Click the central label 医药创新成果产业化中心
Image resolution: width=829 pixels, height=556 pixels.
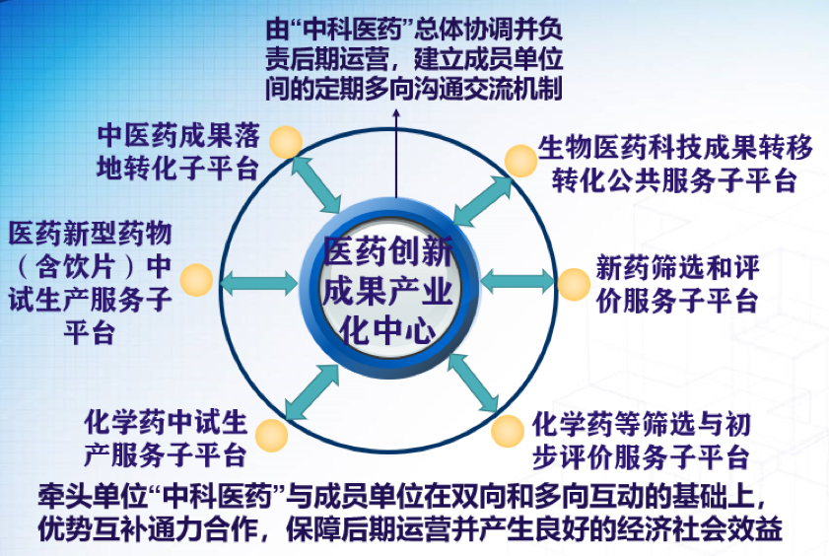388,290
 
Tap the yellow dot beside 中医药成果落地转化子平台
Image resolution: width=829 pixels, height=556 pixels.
286,142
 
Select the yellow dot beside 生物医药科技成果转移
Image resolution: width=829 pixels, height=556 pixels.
520,161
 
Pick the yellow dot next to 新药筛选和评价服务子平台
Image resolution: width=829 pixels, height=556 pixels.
574,284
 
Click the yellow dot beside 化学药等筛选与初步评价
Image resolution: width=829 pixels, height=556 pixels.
508,431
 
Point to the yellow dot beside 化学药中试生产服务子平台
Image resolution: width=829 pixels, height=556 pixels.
272,436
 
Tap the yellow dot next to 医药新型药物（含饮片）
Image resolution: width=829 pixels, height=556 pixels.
197,280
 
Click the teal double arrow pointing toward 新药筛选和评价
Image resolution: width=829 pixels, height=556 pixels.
518,281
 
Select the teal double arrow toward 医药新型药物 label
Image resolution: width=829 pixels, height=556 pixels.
259,282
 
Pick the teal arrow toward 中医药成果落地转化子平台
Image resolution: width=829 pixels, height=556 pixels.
316,185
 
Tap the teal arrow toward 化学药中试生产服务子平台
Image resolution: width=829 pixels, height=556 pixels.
311,392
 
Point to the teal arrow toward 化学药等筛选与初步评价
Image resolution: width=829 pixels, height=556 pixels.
473,382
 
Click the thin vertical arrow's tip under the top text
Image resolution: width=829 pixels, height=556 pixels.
396,110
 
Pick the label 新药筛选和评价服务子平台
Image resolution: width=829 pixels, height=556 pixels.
677,284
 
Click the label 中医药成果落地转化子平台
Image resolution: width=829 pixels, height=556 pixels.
178,152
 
